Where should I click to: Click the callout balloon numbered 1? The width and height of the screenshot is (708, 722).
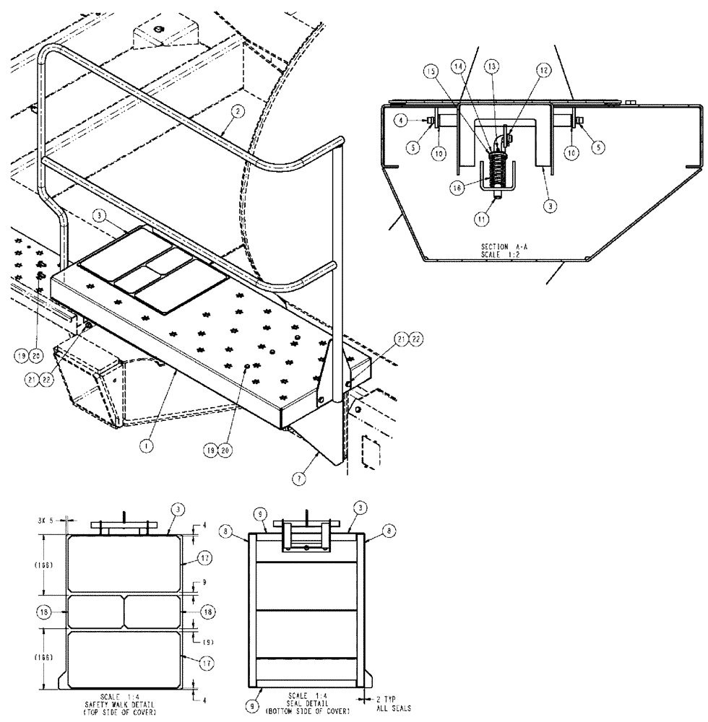tap(146, 446)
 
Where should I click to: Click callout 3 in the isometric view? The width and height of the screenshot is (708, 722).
tap(100, 216)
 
